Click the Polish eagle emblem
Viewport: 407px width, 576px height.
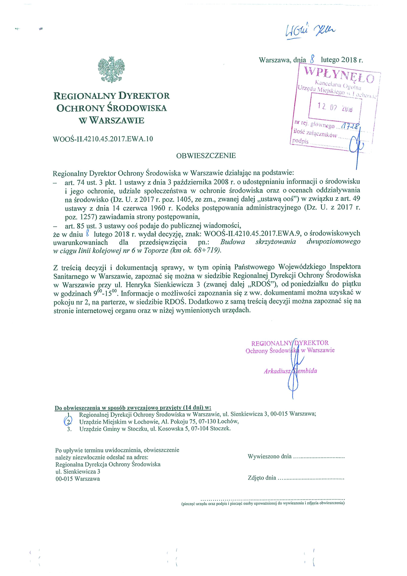pos(111,70)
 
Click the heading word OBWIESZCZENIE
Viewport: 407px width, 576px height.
pos(206,156)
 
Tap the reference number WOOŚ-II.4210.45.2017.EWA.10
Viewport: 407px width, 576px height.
pos(103,139)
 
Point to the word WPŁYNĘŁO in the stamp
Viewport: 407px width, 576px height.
pos(339,75)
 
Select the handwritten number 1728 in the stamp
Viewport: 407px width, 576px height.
pos(349,127)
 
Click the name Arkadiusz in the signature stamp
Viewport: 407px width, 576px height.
pos(277,371)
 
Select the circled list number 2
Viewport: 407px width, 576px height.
pos(69,422)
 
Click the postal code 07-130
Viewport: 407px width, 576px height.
pos(208,422)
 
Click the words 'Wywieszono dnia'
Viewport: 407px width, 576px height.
pos(270,457)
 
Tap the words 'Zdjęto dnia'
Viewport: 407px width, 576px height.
pos(262,478)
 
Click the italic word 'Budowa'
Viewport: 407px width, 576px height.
pos(233,242)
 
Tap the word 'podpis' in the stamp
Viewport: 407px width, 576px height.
pos(301,141)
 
